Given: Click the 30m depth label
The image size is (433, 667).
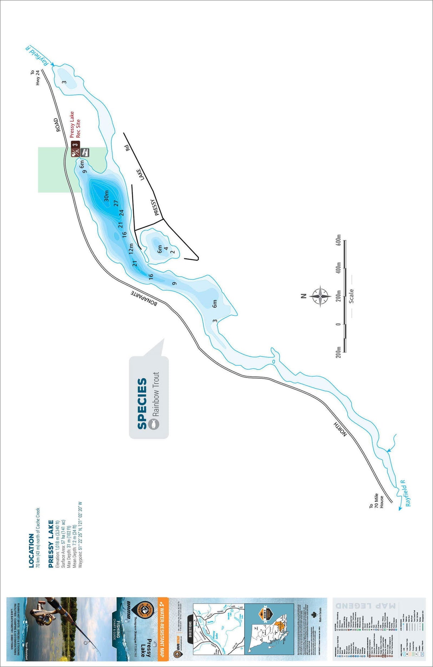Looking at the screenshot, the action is [106, 196].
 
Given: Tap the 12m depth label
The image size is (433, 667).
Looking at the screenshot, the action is [131, 248].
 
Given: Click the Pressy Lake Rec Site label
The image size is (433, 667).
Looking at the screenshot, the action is [75, 124].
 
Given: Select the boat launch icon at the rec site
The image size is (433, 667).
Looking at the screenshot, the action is [85, 152].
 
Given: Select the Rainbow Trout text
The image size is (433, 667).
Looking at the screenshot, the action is [156, 394].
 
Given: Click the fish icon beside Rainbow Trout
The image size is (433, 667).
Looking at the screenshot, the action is [154, 424].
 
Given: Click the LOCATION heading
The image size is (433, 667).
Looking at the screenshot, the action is [31, 550].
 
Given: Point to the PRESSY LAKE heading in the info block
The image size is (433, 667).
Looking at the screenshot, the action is [51, 544].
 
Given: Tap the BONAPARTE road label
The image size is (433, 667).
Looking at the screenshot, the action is [144, 298].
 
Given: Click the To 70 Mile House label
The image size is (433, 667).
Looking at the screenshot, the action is [376, 501].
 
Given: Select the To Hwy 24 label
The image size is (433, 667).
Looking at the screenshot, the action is [35, 78].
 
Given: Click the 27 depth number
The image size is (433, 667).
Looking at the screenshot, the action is [116, 204].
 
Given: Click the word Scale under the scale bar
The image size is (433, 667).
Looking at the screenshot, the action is [351, 296].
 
